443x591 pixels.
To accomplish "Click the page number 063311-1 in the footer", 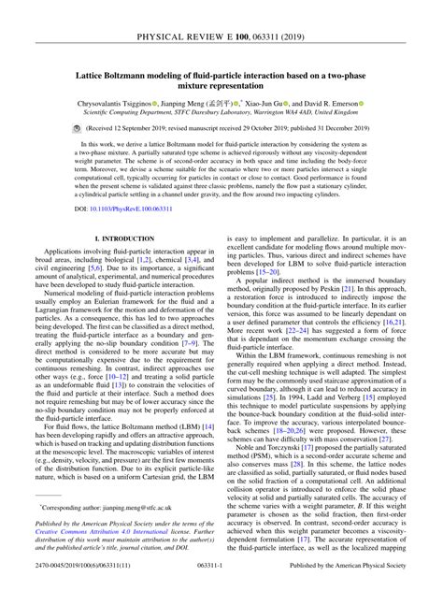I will click(x=221, y=582).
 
